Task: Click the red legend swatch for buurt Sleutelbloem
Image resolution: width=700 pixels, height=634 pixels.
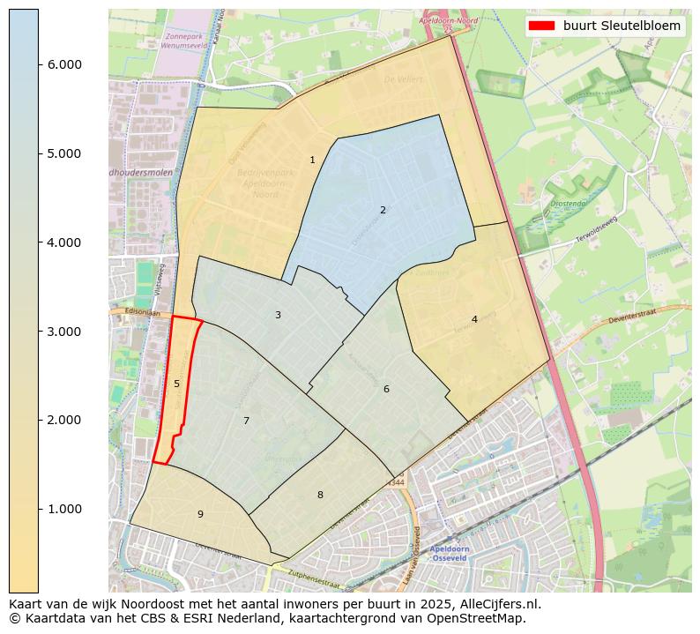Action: [x=541, y=26]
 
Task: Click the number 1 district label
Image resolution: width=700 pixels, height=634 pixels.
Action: [x=312, y=160]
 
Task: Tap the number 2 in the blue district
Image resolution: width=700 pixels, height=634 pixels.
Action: [x=383, y=210]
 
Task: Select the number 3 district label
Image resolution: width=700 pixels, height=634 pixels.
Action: [x=278, y=315]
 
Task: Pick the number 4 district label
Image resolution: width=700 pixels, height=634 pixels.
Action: [x=474, y=319]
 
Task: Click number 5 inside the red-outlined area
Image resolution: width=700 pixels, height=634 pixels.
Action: [x=176, y=384]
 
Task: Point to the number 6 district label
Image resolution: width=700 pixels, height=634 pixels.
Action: [x=386, y=389]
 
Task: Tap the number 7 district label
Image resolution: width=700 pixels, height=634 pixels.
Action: [x=246, y=421]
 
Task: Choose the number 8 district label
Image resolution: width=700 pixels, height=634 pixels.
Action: [x=320, y=495]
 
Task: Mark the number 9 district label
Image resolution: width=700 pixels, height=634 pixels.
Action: [x=200, y=514]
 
